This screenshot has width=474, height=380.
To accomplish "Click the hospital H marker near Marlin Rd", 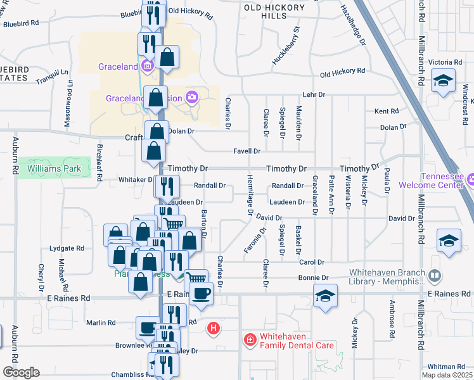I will pos(214,328).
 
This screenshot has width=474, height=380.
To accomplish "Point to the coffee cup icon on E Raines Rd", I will pos(201,293).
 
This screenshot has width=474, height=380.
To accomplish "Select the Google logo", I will pos(21,372).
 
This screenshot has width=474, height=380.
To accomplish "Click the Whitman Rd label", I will pos(446,367).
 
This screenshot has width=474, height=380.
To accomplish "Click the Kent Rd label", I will pos(386,111).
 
